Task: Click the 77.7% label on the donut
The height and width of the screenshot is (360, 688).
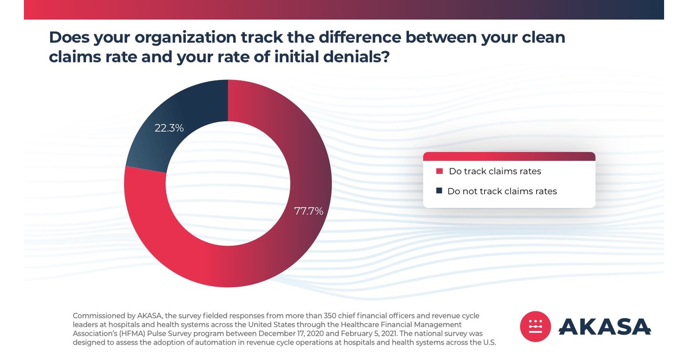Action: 309,211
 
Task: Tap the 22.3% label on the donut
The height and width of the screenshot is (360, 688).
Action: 169,128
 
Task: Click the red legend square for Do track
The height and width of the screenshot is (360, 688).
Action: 440,171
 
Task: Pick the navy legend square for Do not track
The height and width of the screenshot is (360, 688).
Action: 439,191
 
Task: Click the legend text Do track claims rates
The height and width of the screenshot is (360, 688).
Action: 495,171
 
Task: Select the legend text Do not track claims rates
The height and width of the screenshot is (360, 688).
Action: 502,191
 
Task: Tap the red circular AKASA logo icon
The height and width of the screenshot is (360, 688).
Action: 535,327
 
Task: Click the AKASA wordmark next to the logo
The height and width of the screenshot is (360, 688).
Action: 604,327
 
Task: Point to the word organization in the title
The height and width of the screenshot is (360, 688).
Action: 185,37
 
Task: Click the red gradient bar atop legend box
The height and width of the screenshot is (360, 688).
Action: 509,157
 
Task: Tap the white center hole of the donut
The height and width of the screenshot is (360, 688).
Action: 228,183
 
